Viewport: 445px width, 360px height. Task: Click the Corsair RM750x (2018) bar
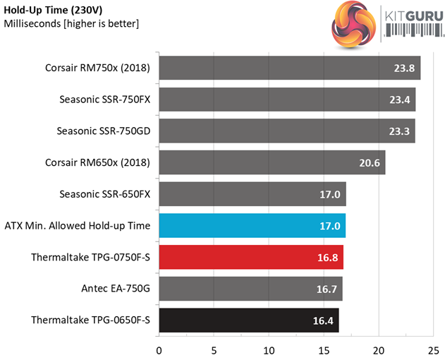[289, 68]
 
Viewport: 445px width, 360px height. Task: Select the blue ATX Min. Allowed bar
[252, 225]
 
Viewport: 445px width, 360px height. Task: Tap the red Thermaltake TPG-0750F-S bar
[250, 257]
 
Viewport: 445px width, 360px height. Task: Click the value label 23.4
[399, 100]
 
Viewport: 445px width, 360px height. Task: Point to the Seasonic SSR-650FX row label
[105, 194]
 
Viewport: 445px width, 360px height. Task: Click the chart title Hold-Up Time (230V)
[54, 10]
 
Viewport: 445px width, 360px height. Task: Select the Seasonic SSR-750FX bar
[287, 100]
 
